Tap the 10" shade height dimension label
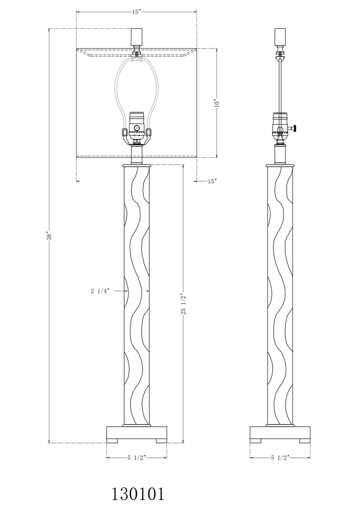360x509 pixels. pos(216,103)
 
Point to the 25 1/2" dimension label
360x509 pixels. pos(183,304)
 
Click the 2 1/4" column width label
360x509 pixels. pos(100,291)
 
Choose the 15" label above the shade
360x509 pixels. pos(137,12)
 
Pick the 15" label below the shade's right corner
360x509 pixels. pos(212,181)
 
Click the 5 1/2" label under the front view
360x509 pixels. pos(136,458)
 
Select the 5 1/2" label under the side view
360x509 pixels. pos(280,458)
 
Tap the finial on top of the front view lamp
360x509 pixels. pos(136,37)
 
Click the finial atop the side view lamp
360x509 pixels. pos(280,37)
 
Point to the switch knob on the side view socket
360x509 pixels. pos(295,129)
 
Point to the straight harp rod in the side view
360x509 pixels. pos(280,85)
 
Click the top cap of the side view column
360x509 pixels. pos(280,165)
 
